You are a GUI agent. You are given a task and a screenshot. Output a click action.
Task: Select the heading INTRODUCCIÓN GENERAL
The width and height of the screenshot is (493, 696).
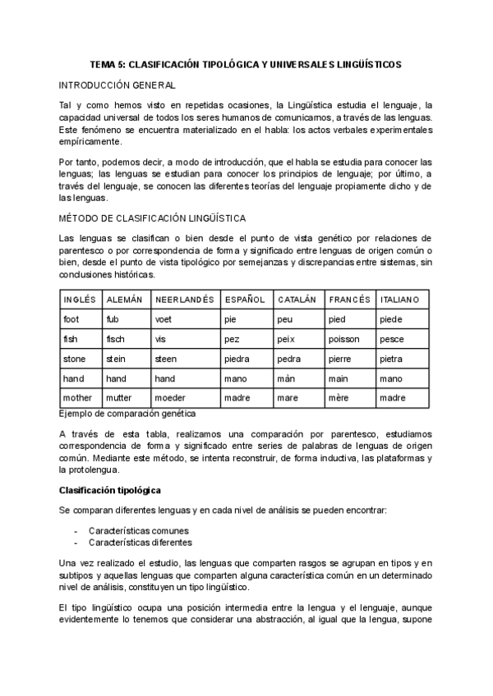116,85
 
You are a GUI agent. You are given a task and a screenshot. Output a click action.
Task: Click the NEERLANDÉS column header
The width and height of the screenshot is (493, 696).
184,300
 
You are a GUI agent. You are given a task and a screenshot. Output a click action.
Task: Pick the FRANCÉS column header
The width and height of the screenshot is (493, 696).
348,300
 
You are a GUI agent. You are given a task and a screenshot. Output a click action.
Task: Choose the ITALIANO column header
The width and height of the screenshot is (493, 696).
399,300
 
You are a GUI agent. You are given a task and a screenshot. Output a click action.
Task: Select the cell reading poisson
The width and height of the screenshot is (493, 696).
345,339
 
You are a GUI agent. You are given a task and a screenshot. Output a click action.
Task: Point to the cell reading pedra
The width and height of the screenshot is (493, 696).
289,359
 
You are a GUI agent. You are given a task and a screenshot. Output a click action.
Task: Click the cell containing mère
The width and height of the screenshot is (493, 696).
338,398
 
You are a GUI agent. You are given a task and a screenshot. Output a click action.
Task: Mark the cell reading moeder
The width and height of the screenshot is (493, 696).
170,398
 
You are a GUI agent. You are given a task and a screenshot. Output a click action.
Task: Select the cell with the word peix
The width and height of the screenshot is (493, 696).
287,339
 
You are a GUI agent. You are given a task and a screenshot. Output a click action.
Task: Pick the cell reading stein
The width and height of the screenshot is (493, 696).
115,359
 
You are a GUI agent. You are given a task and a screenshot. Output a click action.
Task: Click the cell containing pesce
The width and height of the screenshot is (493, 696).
392,339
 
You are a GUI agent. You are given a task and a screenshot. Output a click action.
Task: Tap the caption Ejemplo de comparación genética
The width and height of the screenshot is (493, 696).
127,414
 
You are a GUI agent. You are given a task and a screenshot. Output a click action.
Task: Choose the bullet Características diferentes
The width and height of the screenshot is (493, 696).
140,542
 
